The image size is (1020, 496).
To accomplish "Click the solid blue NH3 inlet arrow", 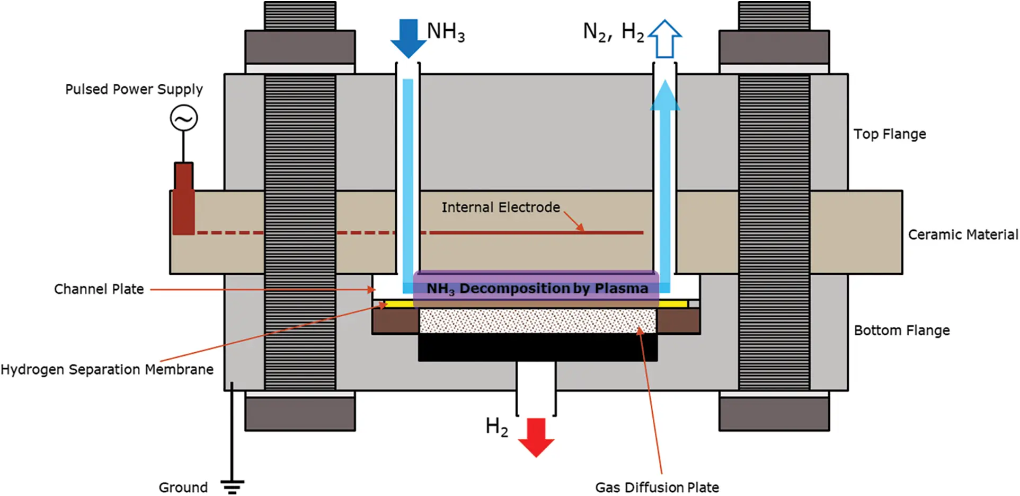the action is click(x=408, y=37).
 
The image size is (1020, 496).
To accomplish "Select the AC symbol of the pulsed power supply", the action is click(x=184, y=118).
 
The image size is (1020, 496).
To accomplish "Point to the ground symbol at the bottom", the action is click(x=232, y=485).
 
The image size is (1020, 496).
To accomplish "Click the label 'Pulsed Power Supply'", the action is click(x=134, y=89).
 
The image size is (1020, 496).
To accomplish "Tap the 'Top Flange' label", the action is click(x=890, y=134).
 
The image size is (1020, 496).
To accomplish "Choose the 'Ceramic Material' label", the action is click(x=963, y=234).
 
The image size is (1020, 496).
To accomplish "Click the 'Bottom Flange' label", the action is click(x=901, y=330).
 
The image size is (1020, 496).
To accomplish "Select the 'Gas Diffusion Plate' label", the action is click(x=657, y=487).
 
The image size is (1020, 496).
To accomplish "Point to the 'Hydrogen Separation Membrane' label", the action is click(x=107, y=369).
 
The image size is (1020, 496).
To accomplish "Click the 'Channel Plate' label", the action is click(x=99, y=289).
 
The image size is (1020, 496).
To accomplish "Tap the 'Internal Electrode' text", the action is click(x=501, y=207).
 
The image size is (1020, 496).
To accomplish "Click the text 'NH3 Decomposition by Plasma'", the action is click(x=537, y=289).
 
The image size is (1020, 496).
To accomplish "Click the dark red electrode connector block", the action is click(x=183, y=199).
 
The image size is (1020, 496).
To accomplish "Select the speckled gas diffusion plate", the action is click(x=537, y=321).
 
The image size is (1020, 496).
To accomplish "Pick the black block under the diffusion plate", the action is click(x=537, y=347).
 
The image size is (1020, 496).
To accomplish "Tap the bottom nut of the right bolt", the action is click(x=774, y=414).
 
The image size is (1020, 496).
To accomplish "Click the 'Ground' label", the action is click(x=183, y=487).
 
